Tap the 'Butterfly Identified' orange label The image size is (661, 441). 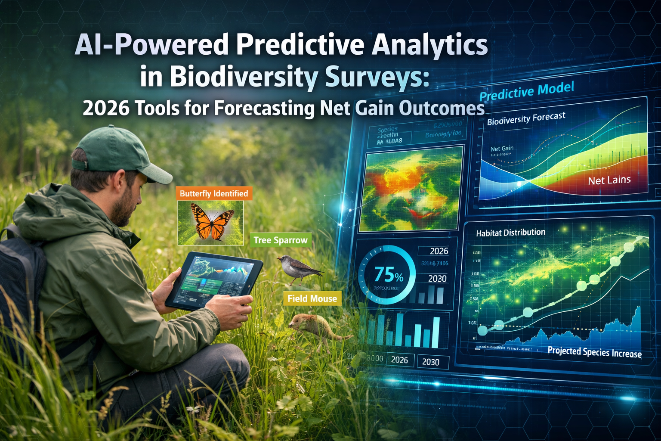pyautogui.click(x=214, y=193)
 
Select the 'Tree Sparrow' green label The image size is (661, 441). pyautogui.click(x=281, y=240)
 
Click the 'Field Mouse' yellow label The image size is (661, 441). pyautogui.click(x=312, y=298)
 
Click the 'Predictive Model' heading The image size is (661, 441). pyautogui.click(x=527, y=91)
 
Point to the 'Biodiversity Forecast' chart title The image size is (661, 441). pyautogui.click(x=526, y=118)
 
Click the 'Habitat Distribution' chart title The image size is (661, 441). pyautogui.click(x=510, y=233)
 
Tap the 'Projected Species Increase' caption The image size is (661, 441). pyautogui.click(x=594, y=352)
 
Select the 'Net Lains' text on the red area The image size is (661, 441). pyautogui.click(x=609, y=180)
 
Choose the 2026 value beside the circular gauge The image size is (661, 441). pyautogui.click(x=439, y=251)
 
